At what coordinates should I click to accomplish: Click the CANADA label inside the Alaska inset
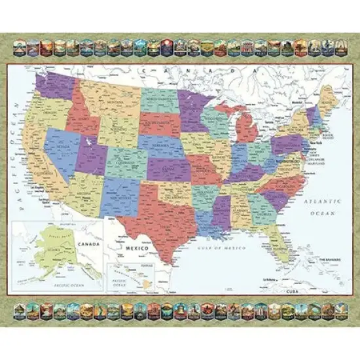pyautogui.click(x=90, y=244)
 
